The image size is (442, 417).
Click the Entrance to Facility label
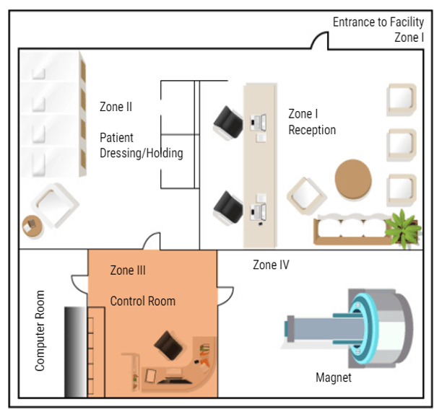pyautogui.click(x=378, y=22)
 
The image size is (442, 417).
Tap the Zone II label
pyautogui.click(x=116, y=107)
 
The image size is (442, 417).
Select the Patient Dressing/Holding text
pyautogui.click(x=141, y=146)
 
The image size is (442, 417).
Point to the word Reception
pyautogui.click(x=312, y=131)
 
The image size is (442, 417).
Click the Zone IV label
pyautogui.click(x=271, y=265)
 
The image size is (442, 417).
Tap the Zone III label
pyautogui.click(x=128, y=271)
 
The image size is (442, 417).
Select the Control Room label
pyautogui.click(x=142, y=301)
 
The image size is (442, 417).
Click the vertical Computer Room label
pyautogui.click(x=40, y=330)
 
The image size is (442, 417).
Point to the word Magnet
pyautogui.click(x=333, y=377)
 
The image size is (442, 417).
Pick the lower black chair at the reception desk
pyautogui.click(x=228, y=207)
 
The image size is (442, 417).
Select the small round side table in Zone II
pyautogui.click(x=32, y=226)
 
